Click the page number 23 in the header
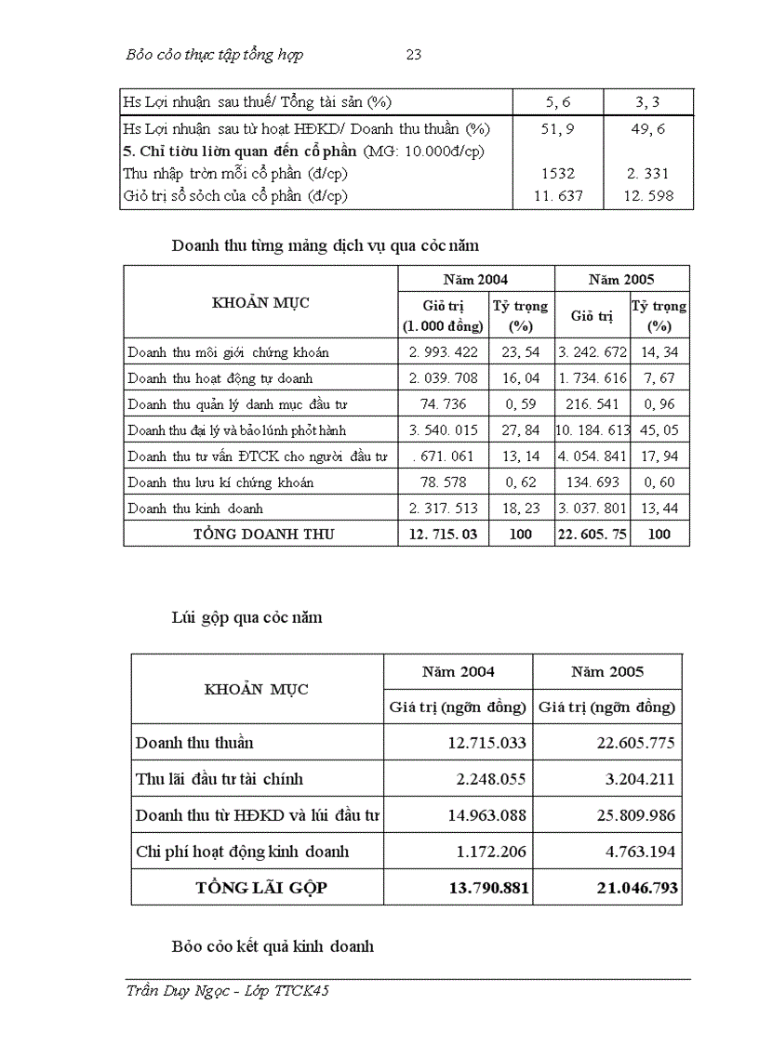(414, 55)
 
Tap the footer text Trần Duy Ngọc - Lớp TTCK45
(228, 991)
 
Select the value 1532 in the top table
(558, 173)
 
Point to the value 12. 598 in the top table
(648, 195)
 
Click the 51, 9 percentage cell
(558, 129)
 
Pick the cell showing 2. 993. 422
(443, 352)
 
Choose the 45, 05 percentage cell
(659, 430)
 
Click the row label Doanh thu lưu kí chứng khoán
(220, 482)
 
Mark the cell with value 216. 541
(592, 404)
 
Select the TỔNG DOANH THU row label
(263, 534)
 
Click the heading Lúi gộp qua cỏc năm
(246, 616)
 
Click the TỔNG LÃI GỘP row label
(261, 888)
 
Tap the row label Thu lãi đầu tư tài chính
(220, 779)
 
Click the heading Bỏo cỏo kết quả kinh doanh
(273, 946)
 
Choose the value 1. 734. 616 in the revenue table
(592, 378)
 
